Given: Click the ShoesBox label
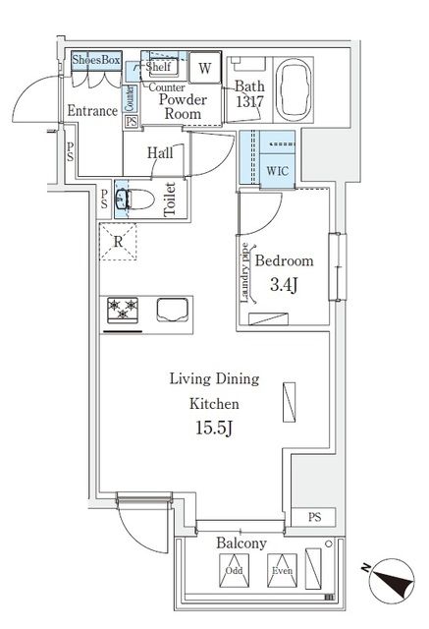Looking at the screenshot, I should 96,61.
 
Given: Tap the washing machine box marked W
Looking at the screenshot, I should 204,68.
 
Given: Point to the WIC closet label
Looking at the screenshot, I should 278,170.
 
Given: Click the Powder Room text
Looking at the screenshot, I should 181,106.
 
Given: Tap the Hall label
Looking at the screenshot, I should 162,152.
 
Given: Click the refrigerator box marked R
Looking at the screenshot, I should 118,241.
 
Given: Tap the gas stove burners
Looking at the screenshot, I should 125,310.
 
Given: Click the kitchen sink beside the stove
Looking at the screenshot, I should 168,310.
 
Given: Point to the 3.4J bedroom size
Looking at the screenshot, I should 285,286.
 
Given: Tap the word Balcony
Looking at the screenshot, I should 241,543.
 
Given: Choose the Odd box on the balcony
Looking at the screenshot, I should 234,569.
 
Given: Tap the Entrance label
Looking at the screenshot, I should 93,111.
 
